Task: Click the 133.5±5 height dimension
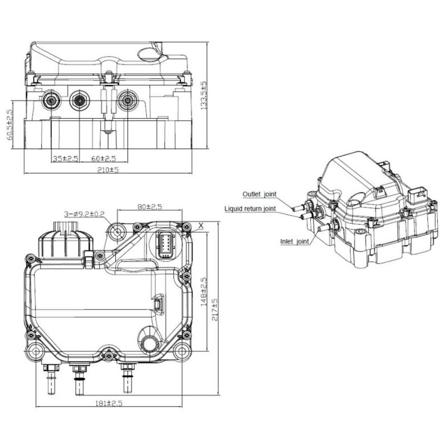(204, 96)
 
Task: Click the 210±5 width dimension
(108, 170)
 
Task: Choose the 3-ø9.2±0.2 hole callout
(84, 214)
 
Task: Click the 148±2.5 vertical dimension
(204, 292)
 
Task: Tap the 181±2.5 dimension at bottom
(108, 403)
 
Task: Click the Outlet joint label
(259, 194)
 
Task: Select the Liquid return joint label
(250, 208)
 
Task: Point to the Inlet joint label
(294, 242)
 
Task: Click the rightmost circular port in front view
(128, 101)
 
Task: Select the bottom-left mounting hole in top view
(36, 351)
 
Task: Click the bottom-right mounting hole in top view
(181, 351)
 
